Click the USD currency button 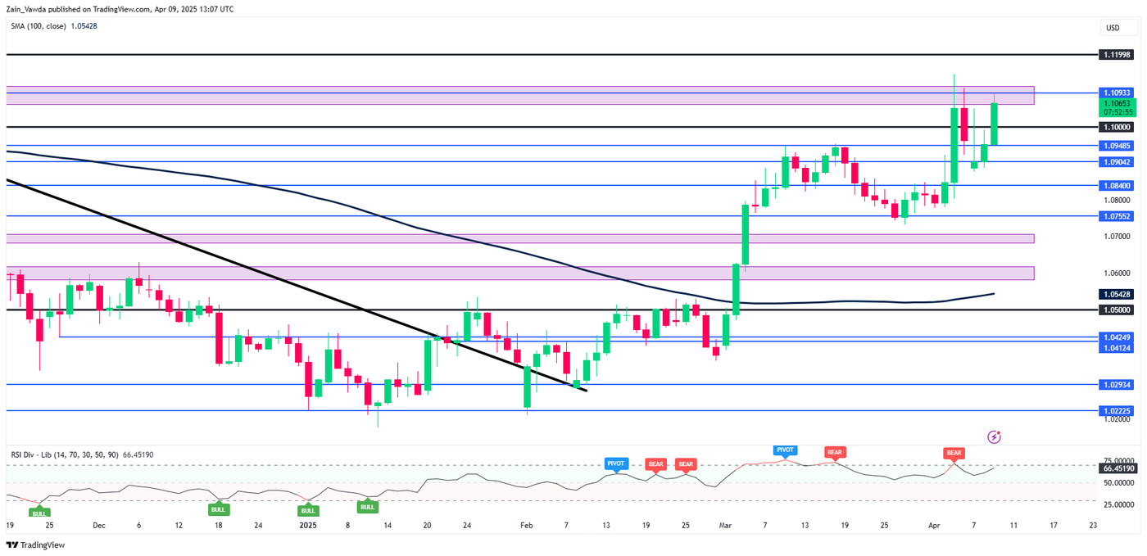pyautogui.click(x=1112, y=28)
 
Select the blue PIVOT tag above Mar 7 pyautogui.click(x=785, y=450)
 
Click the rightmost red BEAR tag pyautogui.click(x=954, y=453)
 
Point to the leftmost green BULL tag pyautogui.click(x=39, y=513)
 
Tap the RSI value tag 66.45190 pyautogui.click(x=1118, y=468)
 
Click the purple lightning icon pyautogui.click(x=995, y=437)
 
